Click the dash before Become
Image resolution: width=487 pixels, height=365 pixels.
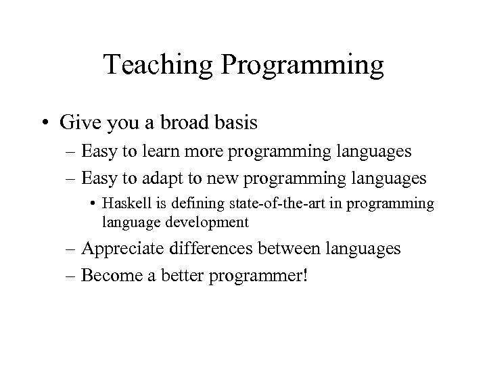click(x=70, y=276)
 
